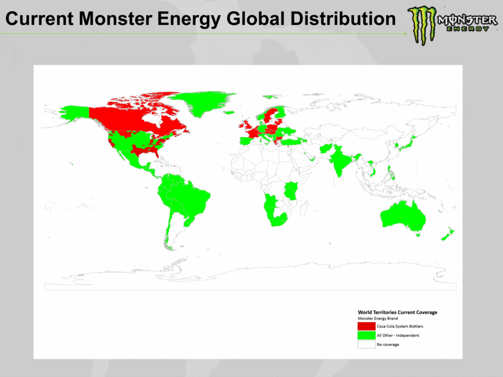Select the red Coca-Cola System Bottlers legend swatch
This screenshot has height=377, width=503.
click(x=366, y=326)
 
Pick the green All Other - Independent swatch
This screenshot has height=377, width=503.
click(x=366, y=335)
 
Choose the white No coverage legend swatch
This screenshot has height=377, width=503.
click(x=366, y=344)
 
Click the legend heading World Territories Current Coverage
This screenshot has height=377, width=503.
click(x=397, y=312)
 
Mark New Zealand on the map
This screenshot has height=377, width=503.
click(x=449, y=234)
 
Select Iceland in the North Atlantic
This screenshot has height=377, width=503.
click(x=228, y=113)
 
